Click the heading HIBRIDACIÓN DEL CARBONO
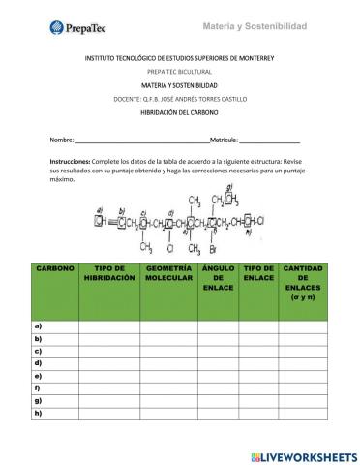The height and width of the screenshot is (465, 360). pyautogui.click(x=180, y=113)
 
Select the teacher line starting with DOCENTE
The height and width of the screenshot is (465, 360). pyautogui.click(x=180, y=100)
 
